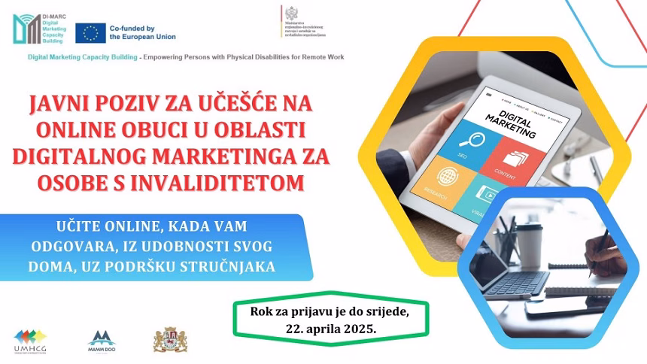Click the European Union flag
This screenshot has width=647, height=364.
click(x=90, y=32)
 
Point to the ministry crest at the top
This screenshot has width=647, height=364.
click(x=290, y=14)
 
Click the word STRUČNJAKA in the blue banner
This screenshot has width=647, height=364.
click(x=232, y=266)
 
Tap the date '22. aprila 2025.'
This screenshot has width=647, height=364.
click(x=331, y=329)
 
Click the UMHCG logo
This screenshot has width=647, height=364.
click(x=30, y=341)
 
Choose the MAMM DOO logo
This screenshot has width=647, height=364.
click(x=102, y=341)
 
